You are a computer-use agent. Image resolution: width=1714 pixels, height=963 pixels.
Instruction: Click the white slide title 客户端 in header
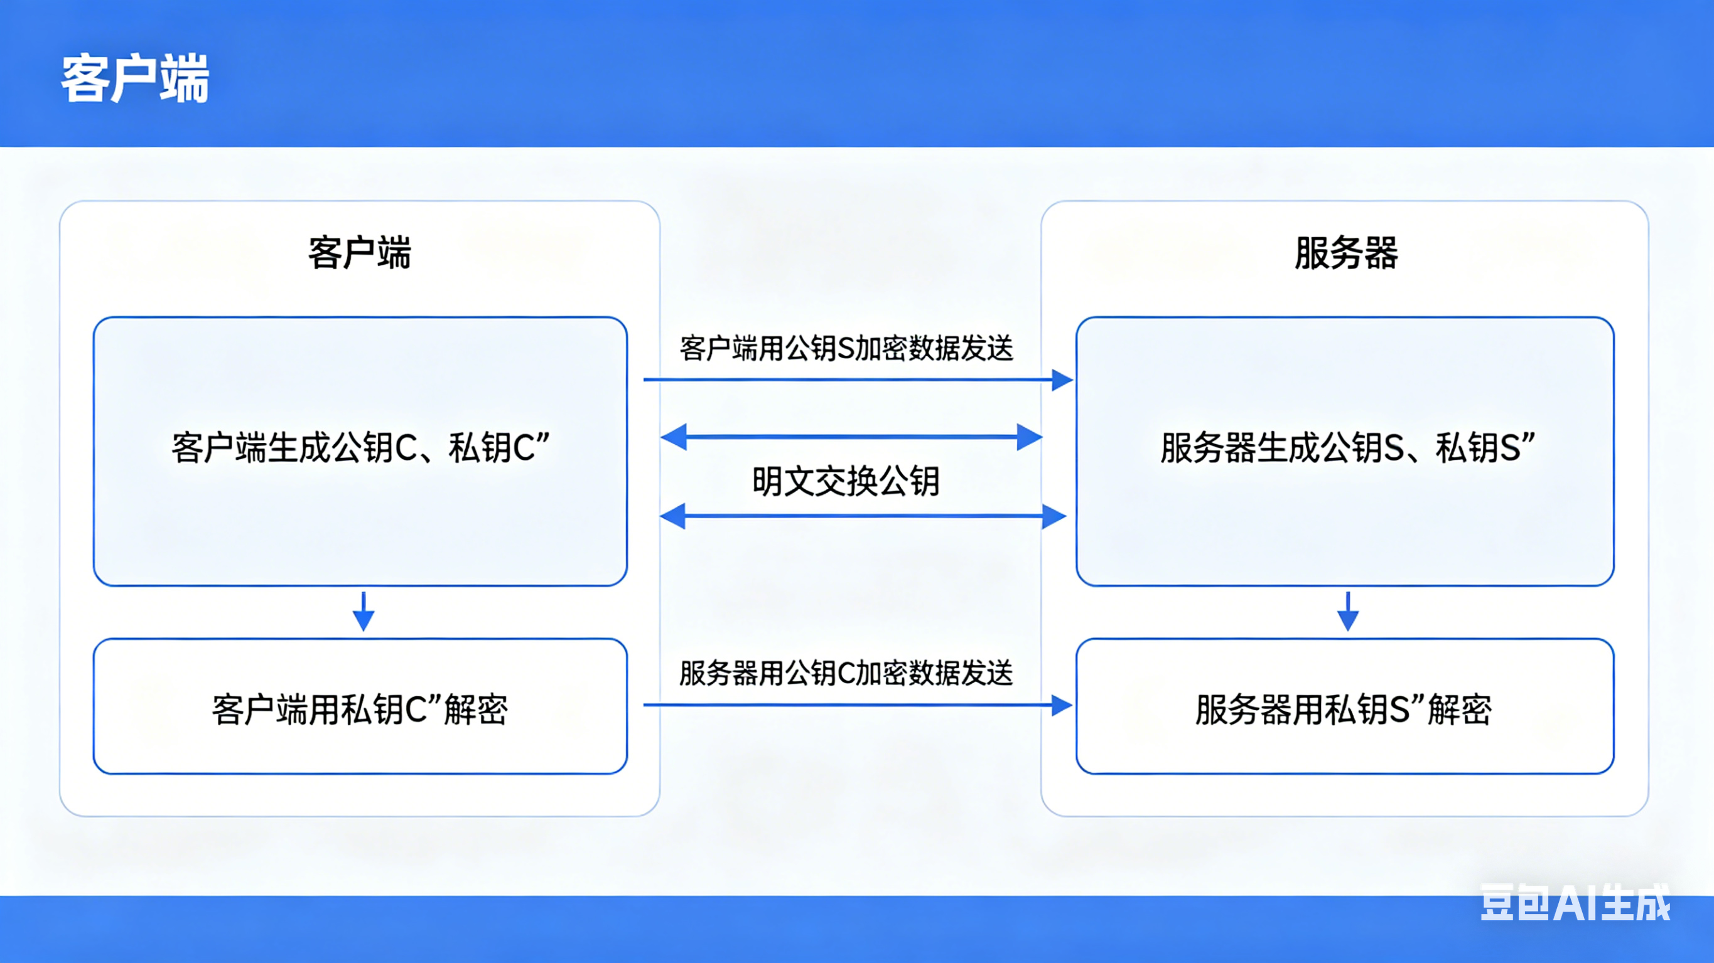pyautogui.click(x=135, y=79)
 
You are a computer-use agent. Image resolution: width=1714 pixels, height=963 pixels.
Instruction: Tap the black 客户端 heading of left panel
pyautogui.click(x=359, y=253)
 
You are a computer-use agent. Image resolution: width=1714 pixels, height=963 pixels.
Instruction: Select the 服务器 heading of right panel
pyautogui.click(x=1345, y=253)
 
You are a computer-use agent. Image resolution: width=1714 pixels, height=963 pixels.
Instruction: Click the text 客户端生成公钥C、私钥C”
pyautogui.click(x=360, y=447)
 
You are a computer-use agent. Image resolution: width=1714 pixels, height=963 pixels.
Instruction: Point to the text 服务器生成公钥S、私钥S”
pyautogui.click(x=1347, y=447)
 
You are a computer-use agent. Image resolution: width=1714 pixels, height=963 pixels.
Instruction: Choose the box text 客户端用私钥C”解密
pyautogui.click(x=360, y=709)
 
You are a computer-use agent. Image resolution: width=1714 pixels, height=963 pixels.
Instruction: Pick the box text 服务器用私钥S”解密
pyautogui.click(x=1344, y=709)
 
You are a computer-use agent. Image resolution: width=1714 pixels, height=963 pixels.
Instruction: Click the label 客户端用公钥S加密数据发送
pyautogui.click(x=846, y=348)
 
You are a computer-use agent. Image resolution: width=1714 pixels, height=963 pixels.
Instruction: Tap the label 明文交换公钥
pyautogui.click(x=846, y=481)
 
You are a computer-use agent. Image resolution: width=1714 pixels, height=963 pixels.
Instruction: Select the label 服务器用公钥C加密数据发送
pyautogui.click(x=846, y=673)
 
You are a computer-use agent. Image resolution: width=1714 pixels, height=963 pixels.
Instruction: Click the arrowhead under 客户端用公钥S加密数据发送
pyautogui.click(x=1061, y=380)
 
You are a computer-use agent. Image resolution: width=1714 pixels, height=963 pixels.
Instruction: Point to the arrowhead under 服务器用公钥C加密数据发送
pyautogui.click(x=1061, y=705)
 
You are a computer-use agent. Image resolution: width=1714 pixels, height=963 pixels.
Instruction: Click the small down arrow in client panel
pyautogui.click(x=364, y=613)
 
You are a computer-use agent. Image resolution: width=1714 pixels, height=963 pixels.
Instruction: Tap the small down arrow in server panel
pyautogui.click(x=1347, y=613)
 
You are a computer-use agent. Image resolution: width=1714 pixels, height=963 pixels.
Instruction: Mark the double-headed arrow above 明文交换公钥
pyautogui.click(x=852, y=437)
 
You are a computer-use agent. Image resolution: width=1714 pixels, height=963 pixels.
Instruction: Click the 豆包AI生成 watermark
pyautogui.click(x=1574, y=903)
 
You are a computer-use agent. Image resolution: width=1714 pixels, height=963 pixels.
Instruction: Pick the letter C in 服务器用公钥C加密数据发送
pyautogui.click(x=846, y=674)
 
